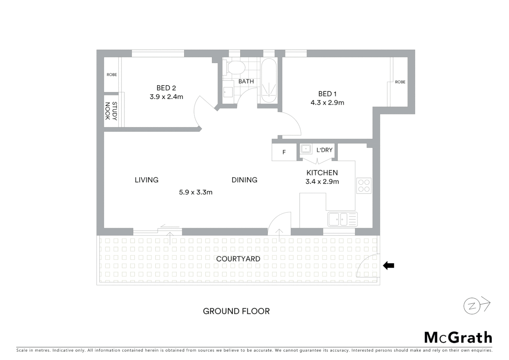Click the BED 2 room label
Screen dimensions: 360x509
click(166, 88)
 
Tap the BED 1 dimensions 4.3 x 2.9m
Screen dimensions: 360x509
click(327, 103)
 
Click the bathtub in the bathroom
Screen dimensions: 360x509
click(268, 81)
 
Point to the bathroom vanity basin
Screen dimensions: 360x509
click(228, 92)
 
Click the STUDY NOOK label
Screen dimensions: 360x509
click(111, 111)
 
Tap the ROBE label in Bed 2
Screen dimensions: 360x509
click(112, 75)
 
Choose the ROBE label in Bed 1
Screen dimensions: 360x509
click(400, 82)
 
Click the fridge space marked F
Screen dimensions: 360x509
click(284, 152)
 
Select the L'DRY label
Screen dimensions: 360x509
click(324, 150)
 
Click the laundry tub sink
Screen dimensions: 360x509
click(306, 149)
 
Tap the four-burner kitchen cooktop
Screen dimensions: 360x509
click(363, 186)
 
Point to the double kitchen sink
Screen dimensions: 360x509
click(342, 219)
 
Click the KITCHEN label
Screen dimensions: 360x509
click(322, 173)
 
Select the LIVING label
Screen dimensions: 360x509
click(146, 180)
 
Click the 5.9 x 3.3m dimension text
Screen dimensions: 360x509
click(196, 192)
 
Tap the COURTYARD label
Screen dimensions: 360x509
click(238, 259)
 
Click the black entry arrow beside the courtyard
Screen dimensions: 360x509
click(388, 266)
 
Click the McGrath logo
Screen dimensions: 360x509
click(458, 338)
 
